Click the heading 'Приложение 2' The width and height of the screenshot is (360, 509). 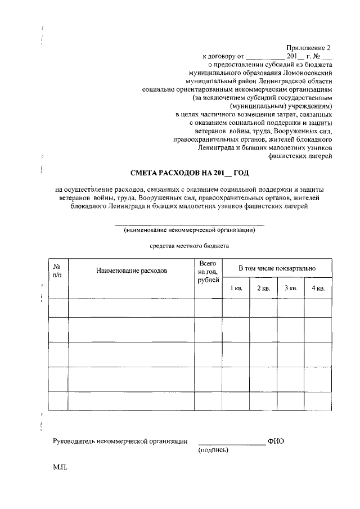point(310,48)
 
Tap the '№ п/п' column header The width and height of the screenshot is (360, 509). point(57,270)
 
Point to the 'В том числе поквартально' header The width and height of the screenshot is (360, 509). point(277,269)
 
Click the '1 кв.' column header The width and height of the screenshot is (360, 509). point(236,289)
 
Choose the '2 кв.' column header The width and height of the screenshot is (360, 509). point(263,289)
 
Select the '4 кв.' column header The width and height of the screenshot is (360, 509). point(318,289)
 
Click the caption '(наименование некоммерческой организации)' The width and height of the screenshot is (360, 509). point(190,230)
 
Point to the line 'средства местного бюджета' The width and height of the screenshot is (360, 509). point(189,246)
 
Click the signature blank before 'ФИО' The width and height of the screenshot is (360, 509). point(231,443)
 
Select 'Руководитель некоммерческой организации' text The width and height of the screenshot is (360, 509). point(120,442)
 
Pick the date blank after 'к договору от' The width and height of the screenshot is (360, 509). point(265,57)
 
